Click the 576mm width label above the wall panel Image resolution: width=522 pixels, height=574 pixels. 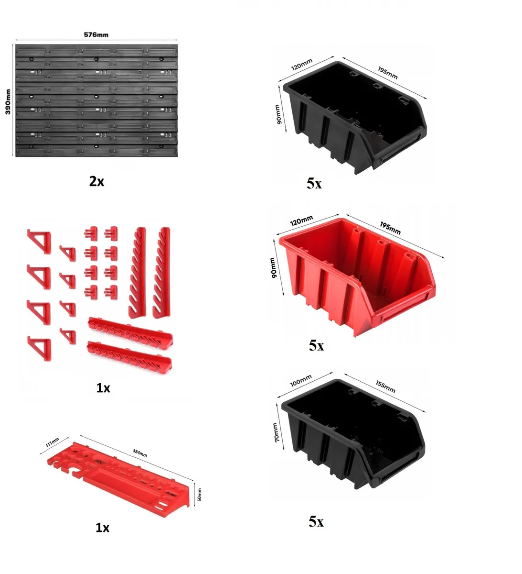(x=96, y=34)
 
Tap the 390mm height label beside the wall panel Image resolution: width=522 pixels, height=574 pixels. (x=8, y=101)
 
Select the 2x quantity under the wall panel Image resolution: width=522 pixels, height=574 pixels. (x=96, y=181)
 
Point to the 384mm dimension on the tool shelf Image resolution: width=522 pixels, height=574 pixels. (x=140, y=453)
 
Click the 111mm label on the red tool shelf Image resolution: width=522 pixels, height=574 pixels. (x=52, y=442)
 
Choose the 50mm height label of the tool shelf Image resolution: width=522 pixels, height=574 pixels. (x=199, y=495)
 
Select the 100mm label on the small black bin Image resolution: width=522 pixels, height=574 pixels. (x=300, y=380)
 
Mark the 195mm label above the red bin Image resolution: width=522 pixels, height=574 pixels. (x=390, y=228)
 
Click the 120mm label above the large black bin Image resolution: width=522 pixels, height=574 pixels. (x=302, y=64)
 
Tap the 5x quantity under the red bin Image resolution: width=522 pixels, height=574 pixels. (x=316, y=346)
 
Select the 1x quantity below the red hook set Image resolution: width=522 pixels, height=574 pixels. (x=103, y=388)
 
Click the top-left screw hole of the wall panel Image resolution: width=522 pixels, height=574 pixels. (x=32, y=59)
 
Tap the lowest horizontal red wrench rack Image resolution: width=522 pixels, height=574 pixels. (x=129, y=356)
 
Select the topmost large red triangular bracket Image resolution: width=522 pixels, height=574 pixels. (x=40, y=241)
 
